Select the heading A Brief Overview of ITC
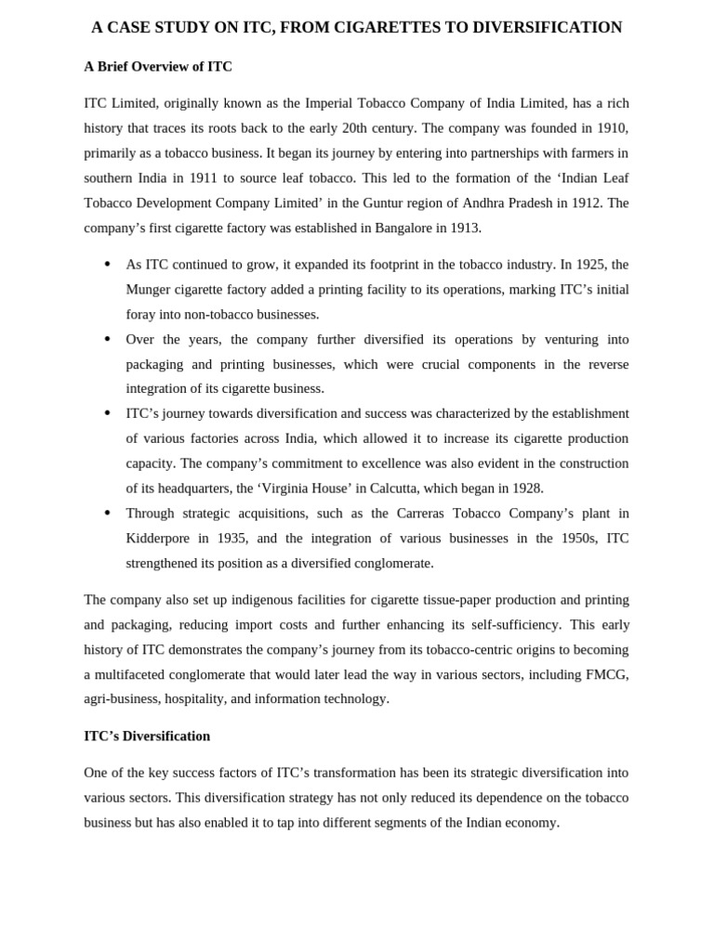[158, 67]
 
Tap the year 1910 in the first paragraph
[610, 128]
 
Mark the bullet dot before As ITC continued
[108, 265]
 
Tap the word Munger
[149, 290]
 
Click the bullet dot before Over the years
[108, 339]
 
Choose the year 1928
[527, 488]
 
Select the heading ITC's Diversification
[147, 736]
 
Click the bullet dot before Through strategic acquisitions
[108, 513]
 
